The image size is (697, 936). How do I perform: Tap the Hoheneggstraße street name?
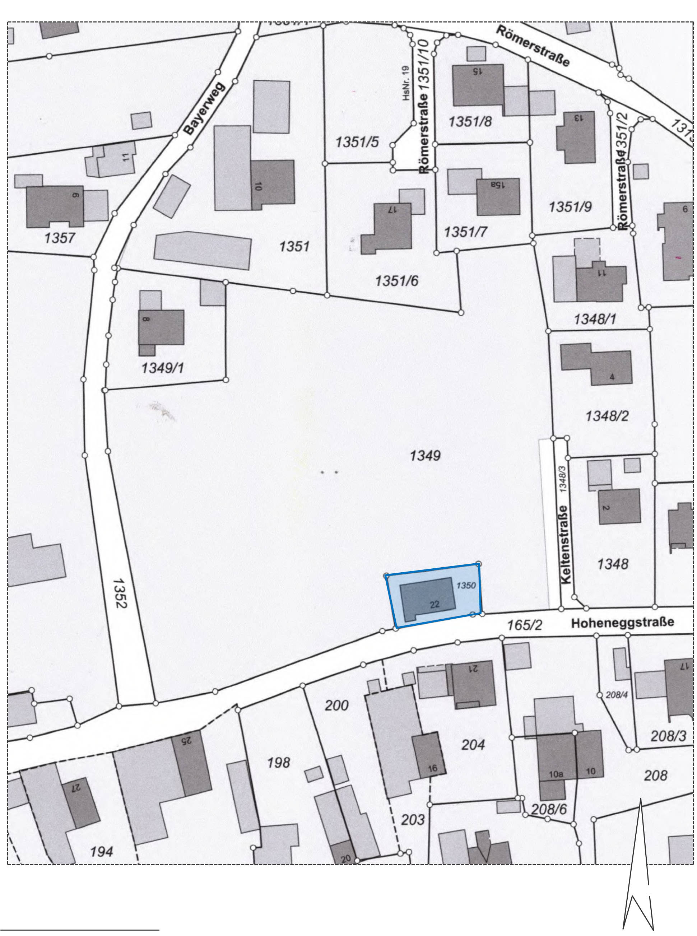point(622,622)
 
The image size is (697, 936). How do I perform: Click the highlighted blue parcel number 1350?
point(466,586)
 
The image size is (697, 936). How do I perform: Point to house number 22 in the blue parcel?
point(435,604)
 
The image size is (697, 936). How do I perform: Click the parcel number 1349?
point(425,456)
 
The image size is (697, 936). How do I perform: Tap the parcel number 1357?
point(60,238)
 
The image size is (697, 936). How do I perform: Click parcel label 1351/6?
point(396,280)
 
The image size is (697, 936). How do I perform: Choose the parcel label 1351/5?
point(357,142)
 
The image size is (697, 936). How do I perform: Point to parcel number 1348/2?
point(607,416)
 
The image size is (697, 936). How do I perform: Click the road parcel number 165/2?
point(524,625)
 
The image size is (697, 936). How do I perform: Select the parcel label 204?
point(473,745)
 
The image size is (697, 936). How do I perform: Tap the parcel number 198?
point(278,762)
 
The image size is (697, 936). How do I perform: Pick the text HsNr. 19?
point(406,83)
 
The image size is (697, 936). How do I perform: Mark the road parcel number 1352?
point(120,593)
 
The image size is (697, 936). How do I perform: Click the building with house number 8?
point(162,327)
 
